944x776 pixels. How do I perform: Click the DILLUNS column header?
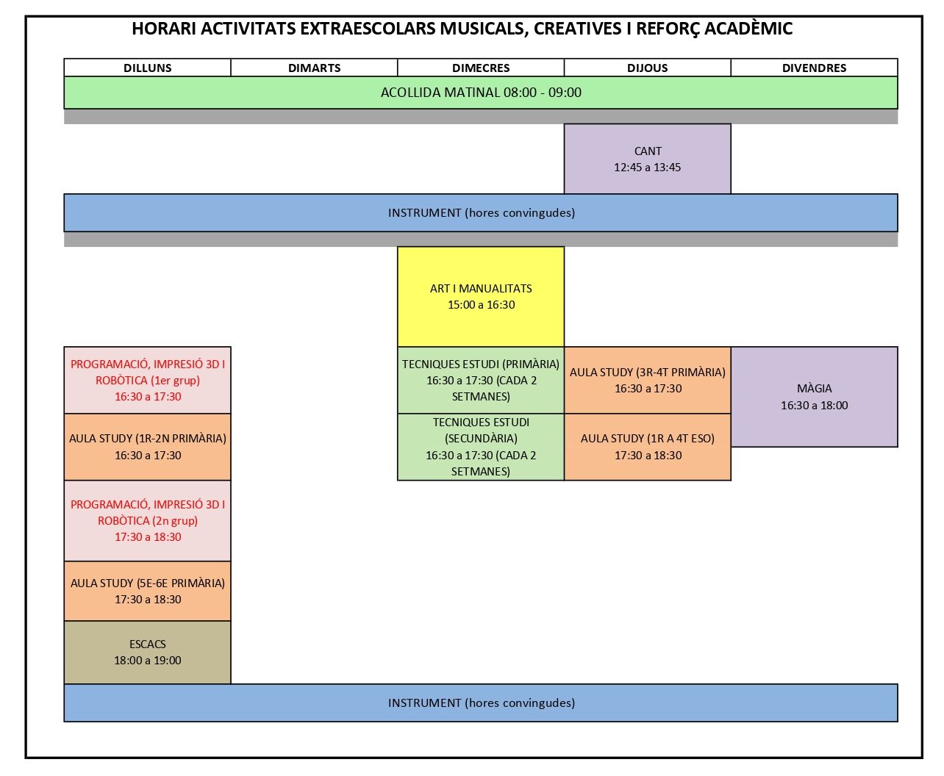[x=147, y=68]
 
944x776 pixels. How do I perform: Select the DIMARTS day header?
[x=314, y=68]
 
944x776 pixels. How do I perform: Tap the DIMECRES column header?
[x=481, y=68]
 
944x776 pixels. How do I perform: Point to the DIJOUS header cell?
[x=647, y=68]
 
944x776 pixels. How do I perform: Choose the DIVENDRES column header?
[x=814, y=68]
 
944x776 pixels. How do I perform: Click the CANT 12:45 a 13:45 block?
[x=647, y=159]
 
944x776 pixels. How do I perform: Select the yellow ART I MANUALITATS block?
[x=481, y=296]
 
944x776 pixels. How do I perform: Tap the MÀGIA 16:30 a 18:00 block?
[x=814, y=397]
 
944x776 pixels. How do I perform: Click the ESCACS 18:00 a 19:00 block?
[x=147, y=652]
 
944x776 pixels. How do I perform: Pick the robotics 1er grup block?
[x=147, y=380]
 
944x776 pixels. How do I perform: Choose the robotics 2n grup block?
[x=147, y=520]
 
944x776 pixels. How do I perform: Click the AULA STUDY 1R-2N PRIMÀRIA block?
[x=147, y=447]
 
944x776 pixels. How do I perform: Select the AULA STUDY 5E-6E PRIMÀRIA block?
[x=147, y=591]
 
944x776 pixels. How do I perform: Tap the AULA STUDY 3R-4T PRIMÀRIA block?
[x=647, y=380]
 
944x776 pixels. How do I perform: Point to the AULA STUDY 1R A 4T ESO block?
[x=647, y=447]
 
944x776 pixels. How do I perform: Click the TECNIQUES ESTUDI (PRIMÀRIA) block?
[x=481, y=380]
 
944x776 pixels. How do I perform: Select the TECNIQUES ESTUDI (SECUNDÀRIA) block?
[x=481, y=447]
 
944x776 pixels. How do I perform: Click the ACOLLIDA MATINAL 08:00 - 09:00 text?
[x=481, y=93]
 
